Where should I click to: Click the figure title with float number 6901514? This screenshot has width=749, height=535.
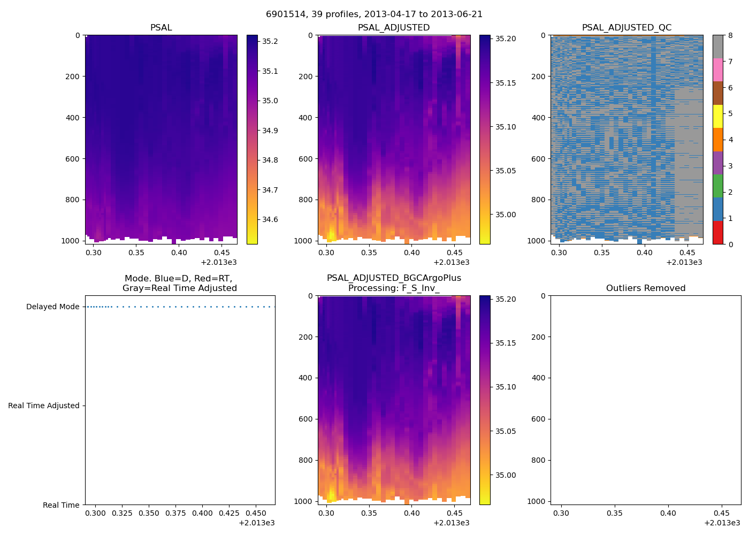click(x=374, y=14)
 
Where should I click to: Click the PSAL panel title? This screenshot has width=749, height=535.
click(x=161, y=28)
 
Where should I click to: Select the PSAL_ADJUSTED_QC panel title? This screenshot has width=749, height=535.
click(x=626, y=28)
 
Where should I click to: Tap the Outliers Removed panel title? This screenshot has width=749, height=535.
click(x=646, y=288)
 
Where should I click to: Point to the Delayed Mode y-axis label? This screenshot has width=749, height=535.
click(x=52, y=307)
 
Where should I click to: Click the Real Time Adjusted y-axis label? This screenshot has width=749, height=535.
click(x=43, y=406)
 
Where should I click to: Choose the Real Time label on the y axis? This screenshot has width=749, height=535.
click(x=61, y=505)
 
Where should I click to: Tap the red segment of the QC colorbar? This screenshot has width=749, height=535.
click(x=717, y=233)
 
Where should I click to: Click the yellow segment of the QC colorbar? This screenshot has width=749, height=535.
click(x=717, y=117)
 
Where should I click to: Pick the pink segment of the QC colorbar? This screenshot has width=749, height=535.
click(x=717, y=70)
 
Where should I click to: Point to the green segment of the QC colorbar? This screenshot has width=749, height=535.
click(x=717, y=186)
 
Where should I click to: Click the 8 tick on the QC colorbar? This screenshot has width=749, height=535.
click(x=730, y=36)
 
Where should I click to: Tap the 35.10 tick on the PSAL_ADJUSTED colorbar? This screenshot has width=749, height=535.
click(x=506, y=127)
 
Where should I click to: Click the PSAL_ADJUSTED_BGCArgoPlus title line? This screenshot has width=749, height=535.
click(x=394, y=278)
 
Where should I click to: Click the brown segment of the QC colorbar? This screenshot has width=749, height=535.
click(x=717, y=93)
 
